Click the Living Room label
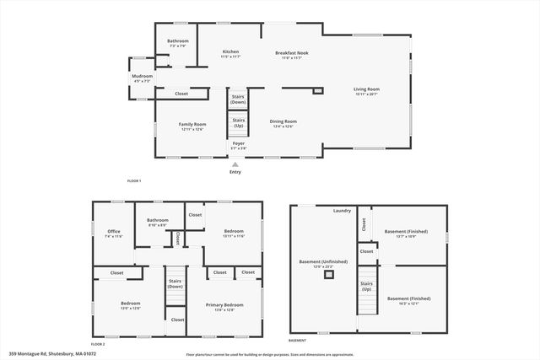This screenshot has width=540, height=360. [x=366, y=89]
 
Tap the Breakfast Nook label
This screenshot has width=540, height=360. [x=292, y=53]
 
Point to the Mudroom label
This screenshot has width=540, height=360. [x=142, y=77]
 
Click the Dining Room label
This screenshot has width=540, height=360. [x=283, y=121]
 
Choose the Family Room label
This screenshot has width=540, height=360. [x=192, y=124]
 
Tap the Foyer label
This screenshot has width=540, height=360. [x=239, y=144]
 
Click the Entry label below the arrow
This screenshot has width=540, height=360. [x=235, y=172]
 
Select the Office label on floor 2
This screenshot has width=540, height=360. [x=114, y=232]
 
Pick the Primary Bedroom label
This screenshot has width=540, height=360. [x=225, y=304]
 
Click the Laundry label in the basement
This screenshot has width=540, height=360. [x=342, y=210]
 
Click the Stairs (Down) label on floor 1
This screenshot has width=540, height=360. [x=239, y=99]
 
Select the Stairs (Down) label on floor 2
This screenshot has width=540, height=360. [x=175, y=284]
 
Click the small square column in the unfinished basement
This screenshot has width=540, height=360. [x=329, y=274]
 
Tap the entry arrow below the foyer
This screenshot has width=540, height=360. [x=235, y=163]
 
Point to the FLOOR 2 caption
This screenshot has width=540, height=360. [x=98, y=344]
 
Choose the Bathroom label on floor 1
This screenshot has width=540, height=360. [x=177, y=41]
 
